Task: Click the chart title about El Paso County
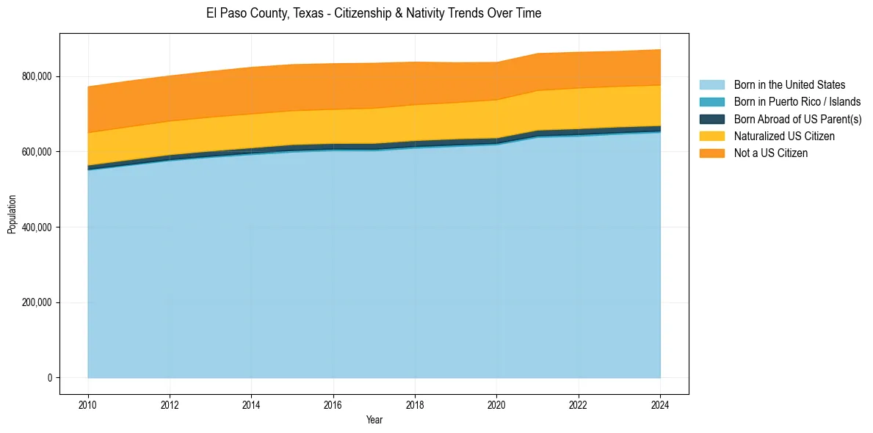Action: point(374,13)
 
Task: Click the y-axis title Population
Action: point(12,214)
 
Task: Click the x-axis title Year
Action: point(374,421)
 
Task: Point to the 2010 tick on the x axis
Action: point(88,404)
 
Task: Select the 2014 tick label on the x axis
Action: point(251,404)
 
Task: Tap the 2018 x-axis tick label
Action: point(415,404)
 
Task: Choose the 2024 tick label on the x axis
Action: point(660,404)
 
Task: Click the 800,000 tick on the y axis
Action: point(38,76)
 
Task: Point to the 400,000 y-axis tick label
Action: point(38,228)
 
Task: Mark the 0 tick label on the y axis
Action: point(51,378)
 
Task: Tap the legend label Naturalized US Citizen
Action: point(784,137)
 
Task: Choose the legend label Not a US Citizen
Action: point(771,153)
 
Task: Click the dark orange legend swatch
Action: point(711,153)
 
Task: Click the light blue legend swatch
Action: point(711,85)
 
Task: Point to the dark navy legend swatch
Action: point(711,119)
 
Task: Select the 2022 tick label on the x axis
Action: point(579,404)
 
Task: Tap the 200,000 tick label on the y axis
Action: point(38,302)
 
